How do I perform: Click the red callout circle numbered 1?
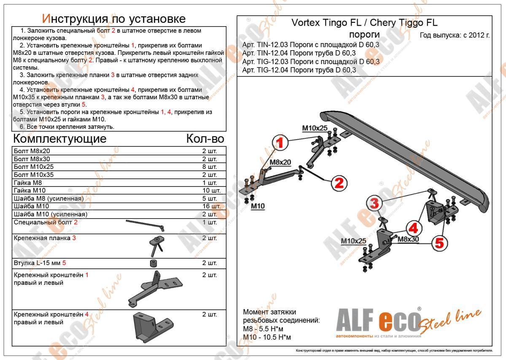[x=282, y=143]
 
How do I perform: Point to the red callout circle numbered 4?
[x=414, y=228]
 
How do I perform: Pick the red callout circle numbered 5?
[x=439, y=243]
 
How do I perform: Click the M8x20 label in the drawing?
[x=280, y=162]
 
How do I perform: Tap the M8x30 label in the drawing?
[x=408, y=239]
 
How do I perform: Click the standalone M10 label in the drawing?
[x=258, y=206]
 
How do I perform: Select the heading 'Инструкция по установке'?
[x=114, y=19]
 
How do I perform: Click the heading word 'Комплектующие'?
[x=60, y=139]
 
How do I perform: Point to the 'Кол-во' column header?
[x=205, y=139]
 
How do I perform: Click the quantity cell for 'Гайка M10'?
[x=210, y=191]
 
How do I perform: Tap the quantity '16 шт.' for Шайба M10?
[x=210, y=206]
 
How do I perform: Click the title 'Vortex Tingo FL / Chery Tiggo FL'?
[x=365, y=23]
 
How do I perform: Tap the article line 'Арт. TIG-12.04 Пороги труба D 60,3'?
[x=299, y=70]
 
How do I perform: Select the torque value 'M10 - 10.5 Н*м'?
[x=267, y=337]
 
